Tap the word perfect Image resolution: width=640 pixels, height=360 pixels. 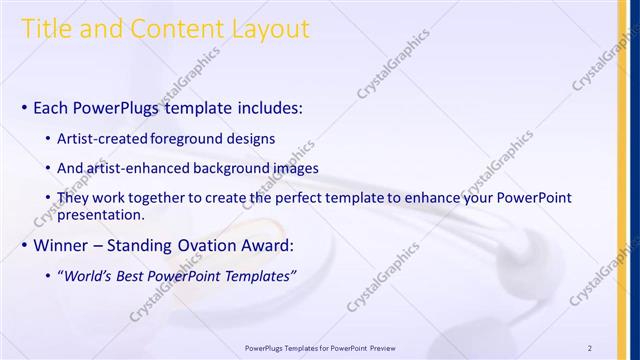pos(290,198)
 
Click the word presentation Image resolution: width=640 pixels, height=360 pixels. pos(103,214)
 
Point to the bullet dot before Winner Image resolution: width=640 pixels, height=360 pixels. pos(24,246)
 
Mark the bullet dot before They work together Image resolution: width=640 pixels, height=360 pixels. pos(49,199)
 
